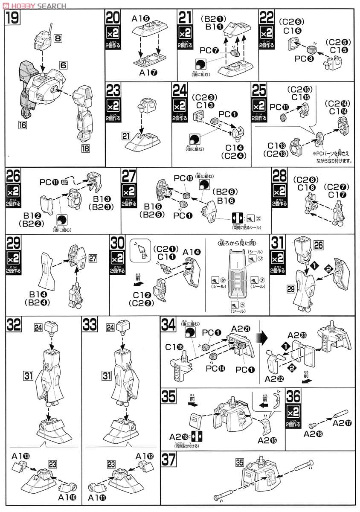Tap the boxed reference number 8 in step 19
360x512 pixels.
tap(58, 38)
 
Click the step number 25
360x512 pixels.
tap(259, 91)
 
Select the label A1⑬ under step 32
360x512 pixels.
tap(20, 455)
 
